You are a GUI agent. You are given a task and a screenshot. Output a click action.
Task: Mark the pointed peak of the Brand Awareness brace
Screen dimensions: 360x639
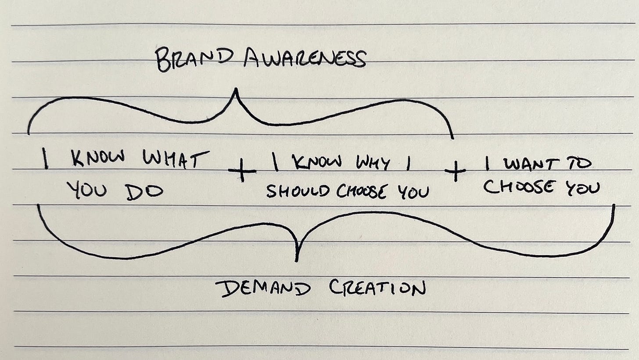236,90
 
